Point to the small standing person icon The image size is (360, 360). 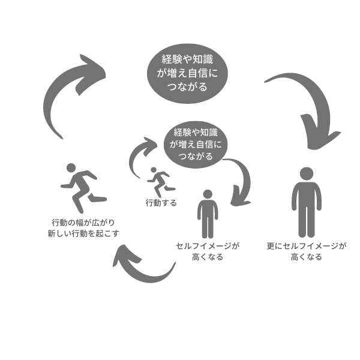coord(208,214)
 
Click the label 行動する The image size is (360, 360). coord(161,203)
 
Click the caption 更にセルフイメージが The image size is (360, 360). coord(307,246)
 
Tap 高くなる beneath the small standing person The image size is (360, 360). coord(208,257)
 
